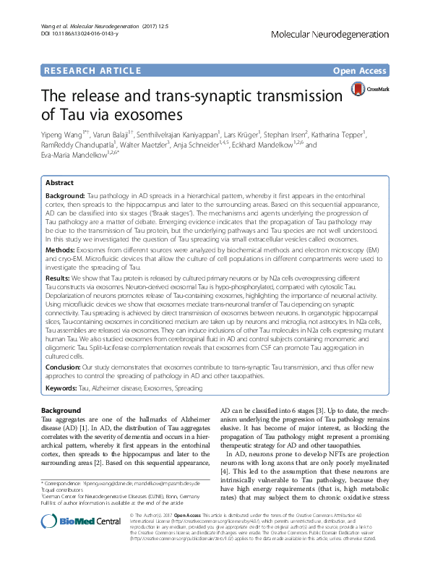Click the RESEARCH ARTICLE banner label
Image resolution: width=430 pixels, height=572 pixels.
pos(91,70)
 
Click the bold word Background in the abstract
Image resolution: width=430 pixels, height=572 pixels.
pos(65,196)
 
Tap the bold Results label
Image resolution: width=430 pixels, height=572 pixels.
pos(60,278)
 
